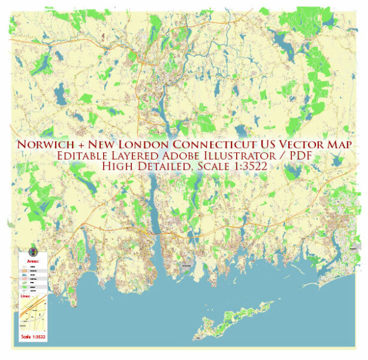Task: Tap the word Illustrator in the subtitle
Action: pos(250,157)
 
